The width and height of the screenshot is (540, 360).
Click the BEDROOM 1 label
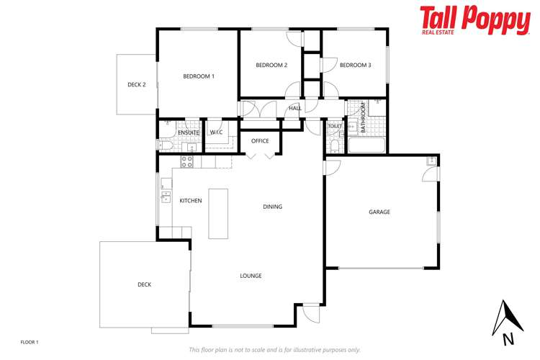[x=199, y=76]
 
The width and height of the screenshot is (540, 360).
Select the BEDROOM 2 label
[x=271, y=66]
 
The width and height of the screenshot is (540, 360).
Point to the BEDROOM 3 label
[x=355, y=66]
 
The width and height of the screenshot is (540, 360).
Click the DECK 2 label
[x=137, y=85]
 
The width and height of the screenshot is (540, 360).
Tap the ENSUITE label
[x=188, y=133]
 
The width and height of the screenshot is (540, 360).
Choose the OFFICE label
[x=260, y=141]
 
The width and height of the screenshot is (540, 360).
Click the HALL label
[x=294, y=109]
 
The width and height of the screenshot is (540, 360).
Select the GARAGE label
[x=379, y=212]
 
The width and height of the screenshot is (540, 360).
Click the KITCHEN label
[x=191, y=201]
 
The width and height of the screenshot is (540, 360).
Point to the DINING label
[x=273, y=207]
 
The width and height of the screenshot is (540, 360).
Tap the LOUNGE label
[x=251, y=276]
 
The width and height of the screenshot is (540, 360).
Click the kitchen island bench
[x=218, y=213]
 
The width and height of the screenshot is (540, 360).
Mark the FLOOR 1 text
[x=30, y=341]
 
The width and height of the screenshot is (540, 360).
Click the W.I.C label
[x=216, y=133]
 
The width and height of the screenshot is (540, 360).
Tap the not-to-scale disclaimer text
[x=274, y=350]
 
